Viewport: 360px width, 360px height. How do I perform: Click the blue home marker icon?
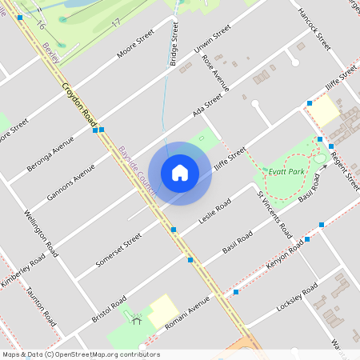(180, 172)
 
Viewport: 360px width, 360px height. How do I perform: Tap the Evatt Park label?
(287, 171)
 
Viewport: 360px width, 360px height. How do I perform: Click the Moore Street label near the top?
(134, 46)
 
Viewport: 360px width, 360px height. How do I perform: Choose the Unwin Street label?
(212, 39)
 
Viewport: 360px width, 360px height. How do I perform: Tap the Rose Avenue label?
(216, 72)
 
